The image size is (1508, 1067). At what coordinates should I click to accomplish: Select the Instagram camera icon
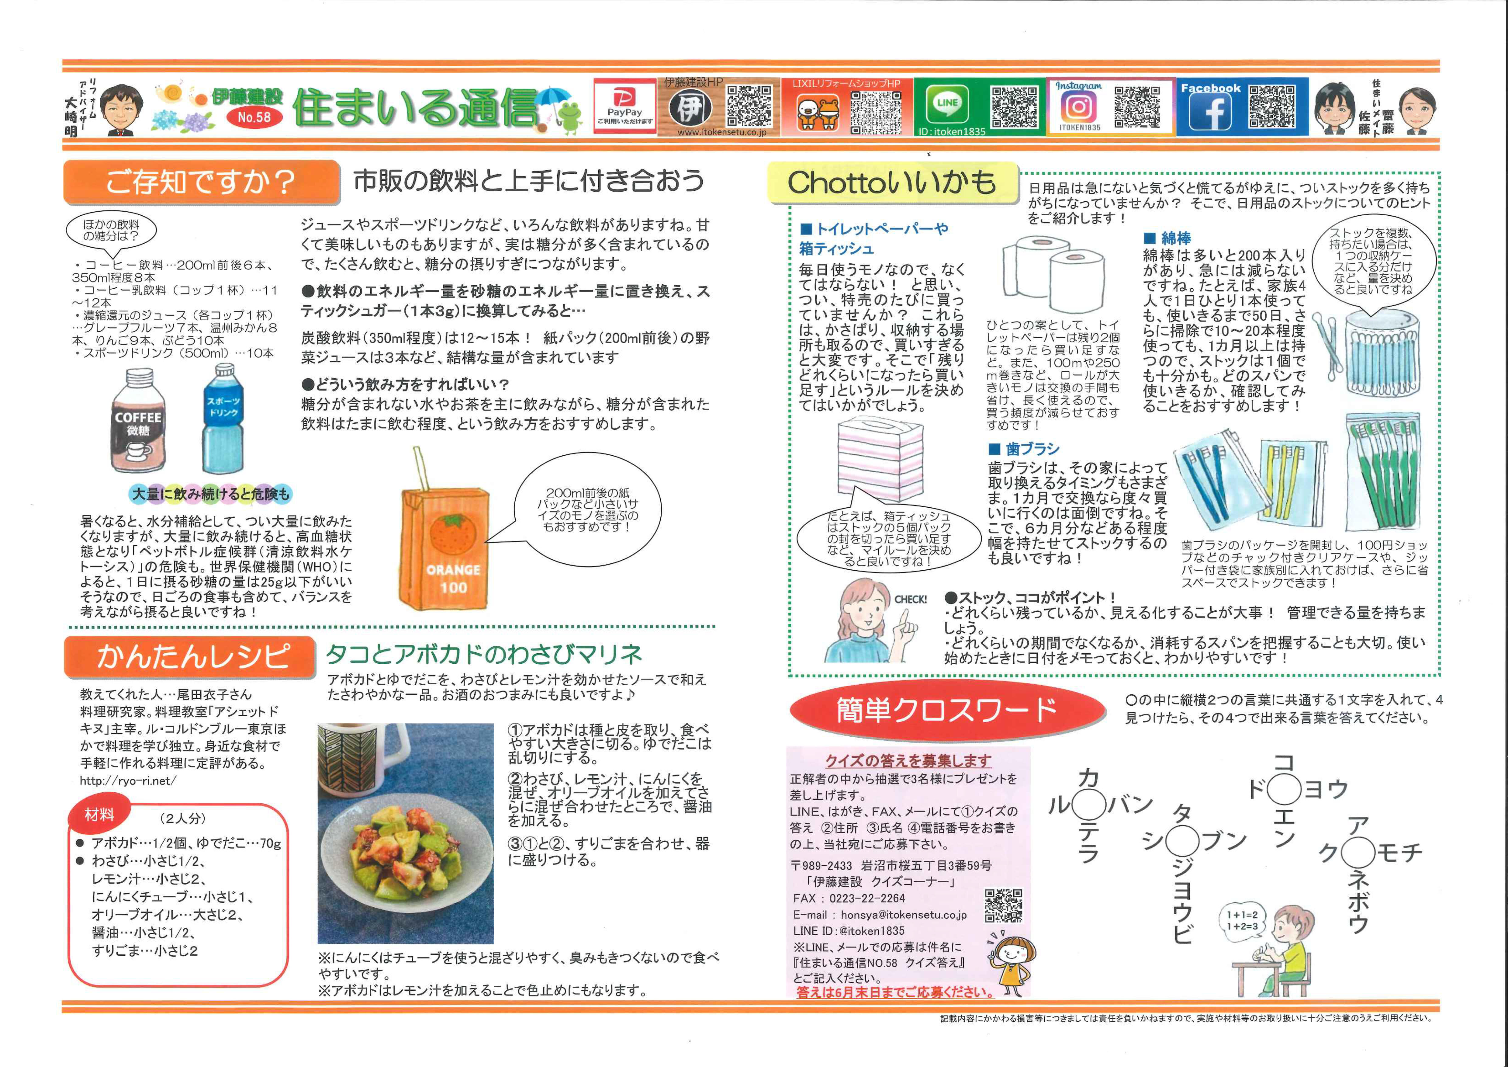1078,106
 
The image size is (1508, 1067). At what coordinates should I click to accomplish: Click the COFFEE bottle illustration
138,420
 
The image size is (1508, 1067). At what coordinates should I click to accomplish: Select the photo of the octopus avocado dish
405,833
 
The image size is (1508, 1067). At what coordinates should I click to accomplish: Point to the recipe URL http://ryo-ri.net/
128,780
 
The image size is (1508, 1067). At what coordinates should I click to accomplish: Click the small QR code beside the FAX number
1004,905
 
